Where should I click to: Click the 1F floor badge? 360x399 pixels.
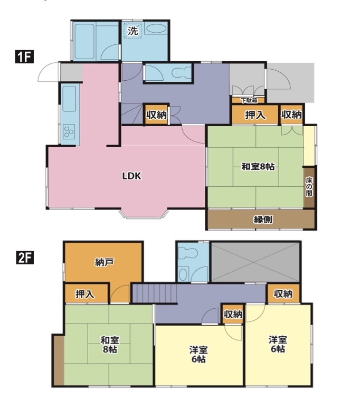pyautogui.click(x=24, y=57)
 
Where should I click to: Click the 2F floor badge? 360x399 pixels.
pyautogui.click(x=24, y=258)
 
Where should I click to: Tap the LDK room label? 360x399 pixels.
pyautogui.click(x=131, y=176)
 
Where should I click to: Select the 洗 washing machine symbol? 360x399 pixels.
pyautogui.click(x=132, y=31)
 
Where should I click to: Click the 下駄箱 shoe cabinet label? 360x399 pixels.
pyautogui.click(x=249, y=100)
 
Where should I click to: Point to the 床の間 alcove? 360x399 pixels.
pyautogui.click(x=309, y=187)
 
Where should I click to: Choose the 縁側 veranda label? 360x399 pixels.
pyautogui.click(x=263, y=220)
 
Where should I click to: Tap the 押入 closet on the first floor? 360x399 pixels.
pyautogui.click(x=255, y=115)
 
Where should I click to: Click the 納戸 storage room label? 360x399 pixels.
pyautogui.click(x=104, y=262)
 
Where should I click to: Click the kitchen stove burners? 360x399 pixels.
pyautogui.click(x=69, y=131)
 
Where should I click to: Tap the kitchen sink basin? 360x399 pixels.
pyautogui.click(x=69, y=99)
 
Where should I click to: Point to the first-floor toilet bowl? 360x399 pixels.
pyautogui.click(x=181, y=73)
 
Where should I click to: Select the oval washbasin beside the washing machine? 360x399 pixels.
pyautogui.click(x=155, y=28)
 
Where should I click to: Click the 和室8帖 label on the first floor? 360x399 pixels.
pyautogui.click(x=258, y=167)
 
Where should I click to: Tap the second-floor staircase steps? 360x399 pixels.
pyautogui.click(x=155, y=293)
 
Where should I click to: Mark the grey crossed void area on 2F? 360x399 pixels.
pyautogui.click(x=255, y=262)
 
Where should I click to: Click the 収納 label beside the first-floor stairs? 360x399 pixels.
pyautogui.click(x=156, y=115)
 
